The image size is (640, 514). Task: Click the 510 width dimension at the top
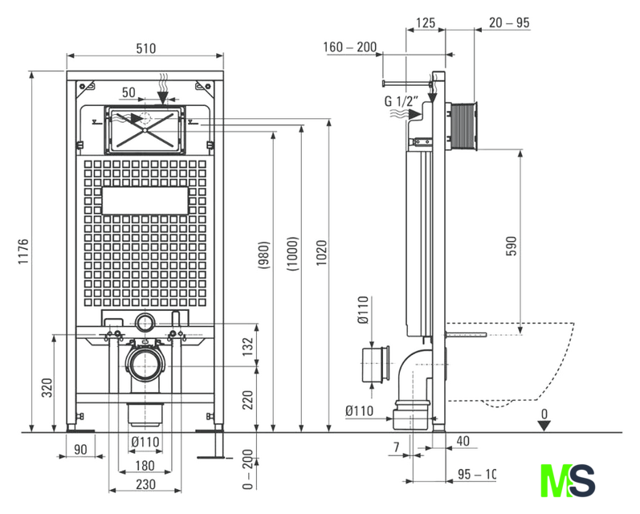(145, 48)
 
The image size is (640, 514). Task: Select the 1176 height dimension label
(23, 253)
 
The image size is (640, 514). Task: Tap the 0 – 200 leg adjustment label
(248, 470)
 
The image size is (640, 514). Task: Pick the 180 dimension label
(145, 466)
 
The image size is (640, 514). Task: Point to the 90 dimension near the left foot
(80, 449)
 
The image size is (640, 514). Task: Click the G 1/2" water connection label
(401, 102)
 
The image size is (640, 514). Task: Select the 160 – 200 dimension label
(350, 47)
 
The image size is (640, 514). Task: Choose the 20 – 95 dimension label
(509, 23)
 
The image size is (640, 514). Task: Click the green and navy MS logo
(569, 480)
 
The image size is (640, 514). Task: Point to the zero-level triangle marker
(544, 425)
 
